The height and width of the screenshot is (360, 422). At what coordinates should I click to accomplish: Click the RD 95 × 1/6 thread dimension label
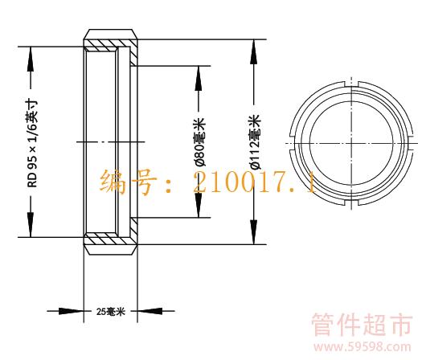33,144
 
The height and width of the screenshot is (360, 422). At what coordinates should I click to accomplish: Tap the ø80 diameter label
200,142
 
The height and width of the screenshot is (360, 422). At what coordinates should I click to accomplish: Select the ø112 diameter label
256,142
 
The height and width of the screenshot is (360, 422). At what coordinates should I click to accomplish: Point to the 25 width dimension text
111,312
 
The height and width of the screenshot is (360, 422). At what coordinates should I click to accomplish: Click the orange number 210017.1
254,183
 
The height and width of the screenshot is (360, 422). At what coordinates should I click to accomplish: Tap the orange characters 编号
128,182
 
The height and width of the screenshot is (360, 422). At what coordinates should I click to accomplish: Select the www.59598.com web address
363,346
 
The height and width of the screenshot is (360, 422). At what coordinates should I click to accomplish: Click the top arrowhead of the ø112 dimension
253,51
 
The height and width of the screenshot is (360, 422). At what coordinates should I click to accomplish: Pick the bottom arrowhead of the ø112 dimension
253,232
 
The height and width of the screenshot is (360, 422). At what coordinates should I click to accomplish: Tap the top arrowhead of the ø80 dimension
199,78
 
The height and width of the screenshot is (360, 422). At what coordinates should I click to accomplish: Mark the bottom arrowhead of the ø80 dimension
199,205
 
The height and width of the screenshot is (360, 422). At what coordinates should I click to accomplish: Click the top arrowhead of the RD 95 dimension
31,59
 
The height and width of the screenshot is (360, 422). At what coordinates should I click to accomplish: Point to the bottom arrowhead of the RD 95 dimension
31,225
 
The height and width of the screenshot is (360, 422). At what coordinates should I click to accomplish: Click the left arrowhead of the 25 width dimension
72,311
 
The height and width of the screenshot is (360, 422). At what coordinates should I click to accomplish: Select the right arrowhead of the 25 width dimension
150,311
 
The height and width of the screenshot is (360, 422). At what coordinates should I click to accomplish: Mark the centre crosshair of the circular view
351,143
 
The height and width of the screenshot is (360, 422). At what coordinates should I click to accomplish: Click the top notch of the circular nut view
351,84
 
